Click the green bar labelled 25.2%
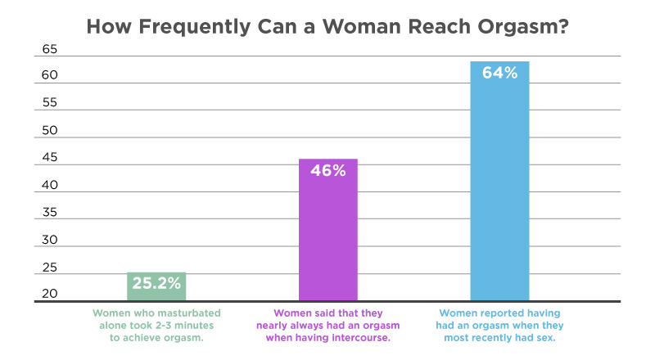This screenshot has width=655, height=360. click(x=156, y=287)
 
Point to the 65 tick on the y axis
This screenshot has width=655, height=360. click(x=49, y=49)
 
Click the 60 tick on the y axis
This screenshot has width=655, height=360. click(x=49, y=76)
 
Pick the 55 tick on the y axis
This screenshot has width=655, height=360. click(x=49, y=104)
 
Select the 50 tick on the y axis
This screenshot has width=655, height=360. click(x=49, y=131)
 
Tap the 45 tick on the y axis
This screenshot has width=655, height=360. click(x=49, y=159)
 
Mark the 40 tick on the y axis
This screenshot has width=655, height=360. click(x=49, y=186)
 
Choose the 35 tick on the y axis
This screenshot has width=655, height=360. click(x=49, y=214)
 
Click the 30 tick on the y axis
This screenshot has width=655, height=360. click(x=49, y=241)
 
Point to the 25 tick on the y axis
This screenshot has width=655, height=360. click(x=49, y=268)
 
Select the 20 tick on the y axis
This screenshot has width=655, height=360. click(x=49, y=295)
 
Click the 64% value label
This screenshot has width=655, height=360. click(x=499, y=73)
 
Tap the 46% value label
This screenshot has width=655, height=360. click(x=327, y=171)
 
